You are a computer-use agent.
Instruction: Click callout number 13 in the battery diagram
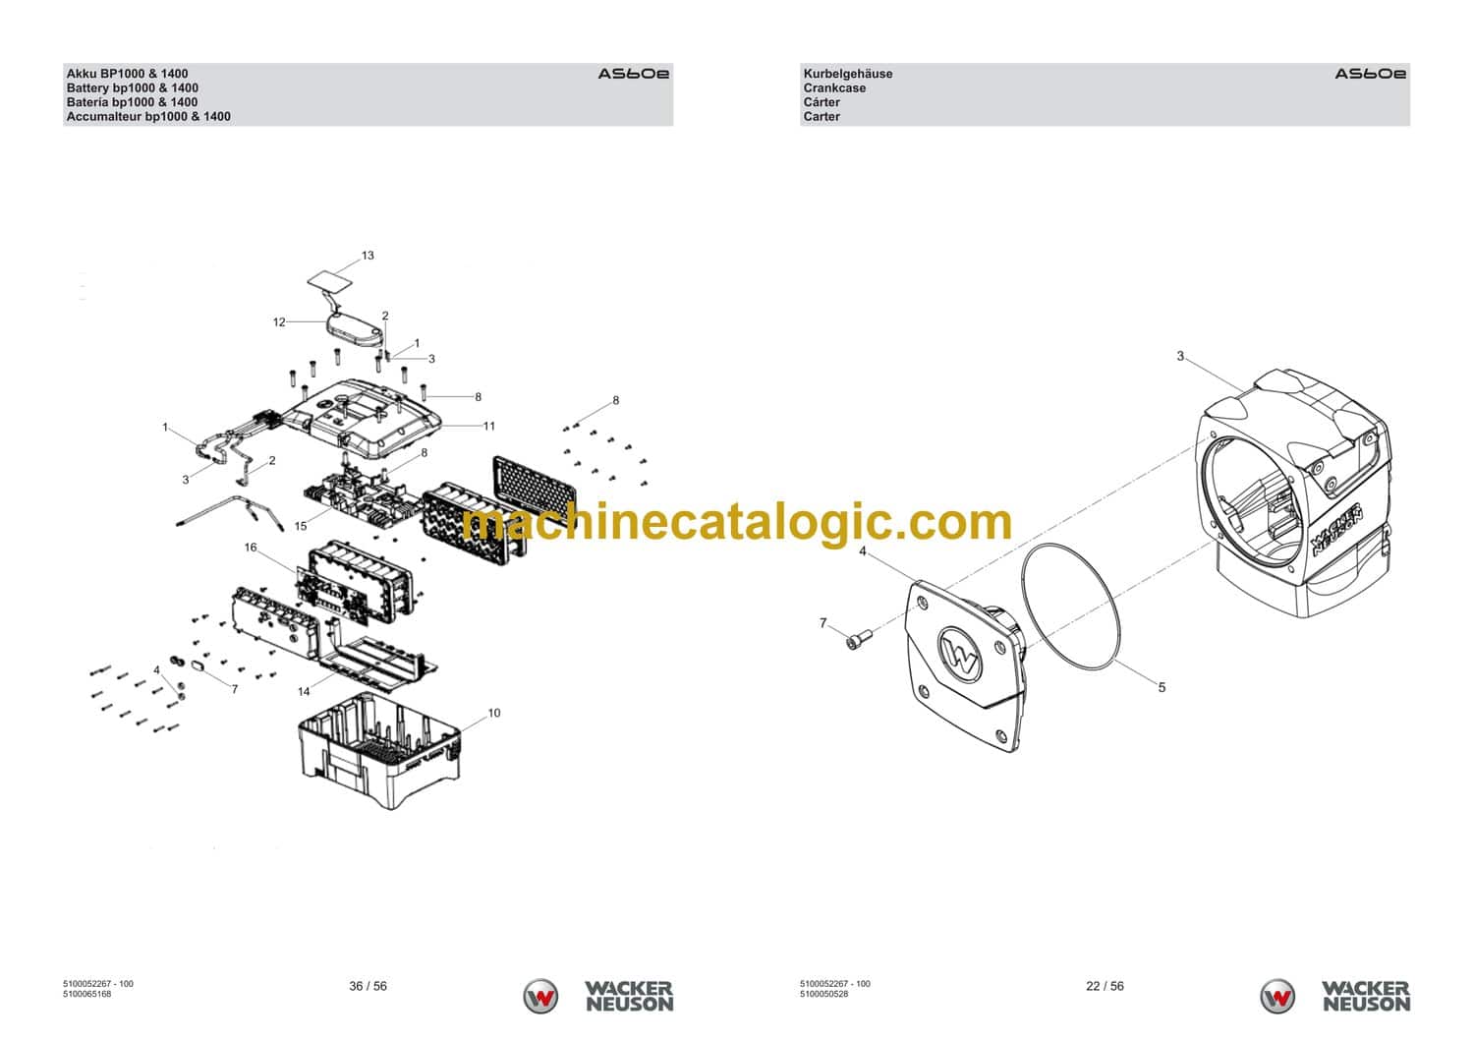coord(368,256)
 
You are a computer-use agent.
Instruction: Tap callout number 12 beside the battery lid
coord(279,321)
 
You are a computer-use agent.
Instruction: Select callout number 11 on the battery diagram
coord(488,426)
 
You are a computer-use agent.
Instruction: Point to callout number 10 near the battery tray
coord(493,713)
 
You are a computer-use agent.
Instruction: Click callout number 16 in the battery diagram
coord(251,548)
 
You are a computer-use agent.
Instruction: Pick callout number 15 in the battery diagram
coord(301,526)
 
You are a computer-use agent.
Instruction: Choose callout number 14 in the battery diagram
coord(304,692)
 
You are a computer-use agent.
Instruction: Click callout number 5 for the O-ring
coord(1162,687)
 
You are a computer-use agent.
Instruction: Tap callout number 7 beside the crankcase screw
coord(823,623)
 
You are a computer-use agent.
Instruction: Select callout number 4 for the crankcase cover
coord(863,551)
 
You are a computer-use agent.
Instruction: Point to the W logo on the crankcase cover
coord(960,653)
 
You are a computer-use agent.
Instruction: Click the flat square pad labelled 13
coord(331,280)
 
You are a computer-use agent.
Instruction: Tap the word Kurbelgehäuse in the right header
coord(847,74)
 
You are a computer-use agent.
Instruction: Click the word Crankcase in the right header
coord(834,87)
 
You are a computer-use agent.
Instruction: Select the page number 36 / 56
coord(368,986)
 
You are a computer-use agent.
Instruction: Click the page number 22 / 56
coord(1105,986)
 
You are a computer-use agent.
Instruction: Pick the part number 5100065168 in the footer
coord(87,994)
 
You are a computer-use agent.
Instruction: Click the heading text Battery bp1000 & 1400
coord(132,87)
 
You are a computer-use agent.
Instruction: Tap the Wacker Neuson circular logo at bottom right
coord(1277,996)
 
